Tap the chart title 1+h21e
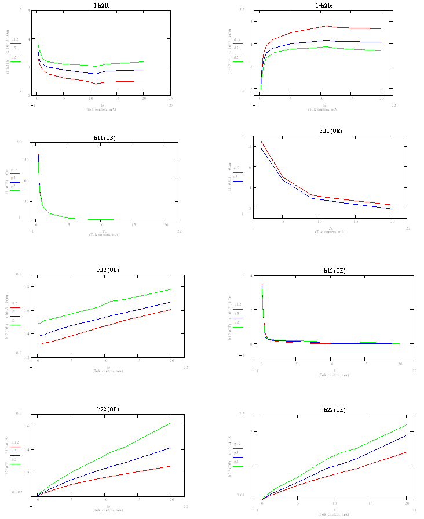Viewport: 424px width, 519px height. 324,5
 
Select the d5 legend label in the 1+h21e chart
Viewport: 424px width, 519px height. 237,48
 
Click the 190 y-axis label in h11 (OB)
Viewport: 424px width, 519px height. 19,142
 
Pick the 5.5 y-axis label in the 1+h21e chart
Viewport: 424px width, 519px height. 242,10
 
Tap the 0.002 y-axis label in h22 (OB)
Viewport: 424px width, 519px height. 17,492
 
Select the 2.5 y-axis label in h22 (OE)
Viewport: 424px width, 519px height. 242,413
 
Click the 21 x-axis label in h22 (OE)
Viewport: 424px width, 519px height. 415,510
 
